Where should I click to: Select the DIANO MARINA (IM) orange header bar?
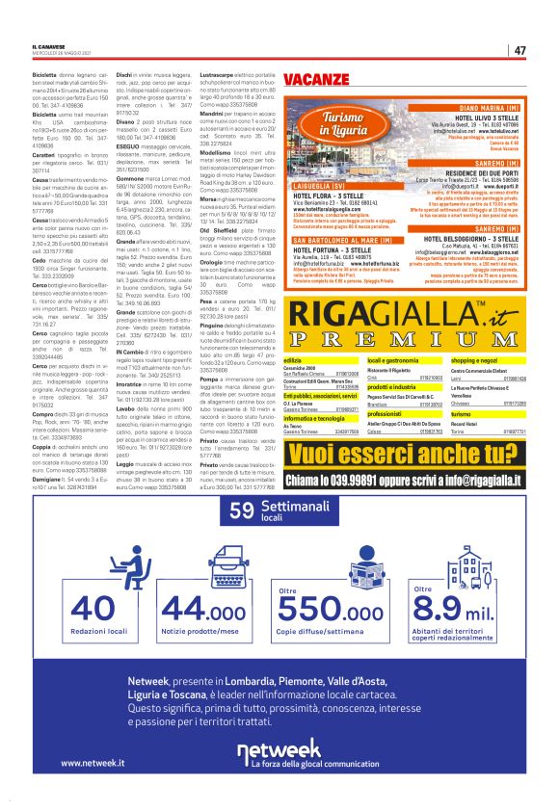475,109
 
